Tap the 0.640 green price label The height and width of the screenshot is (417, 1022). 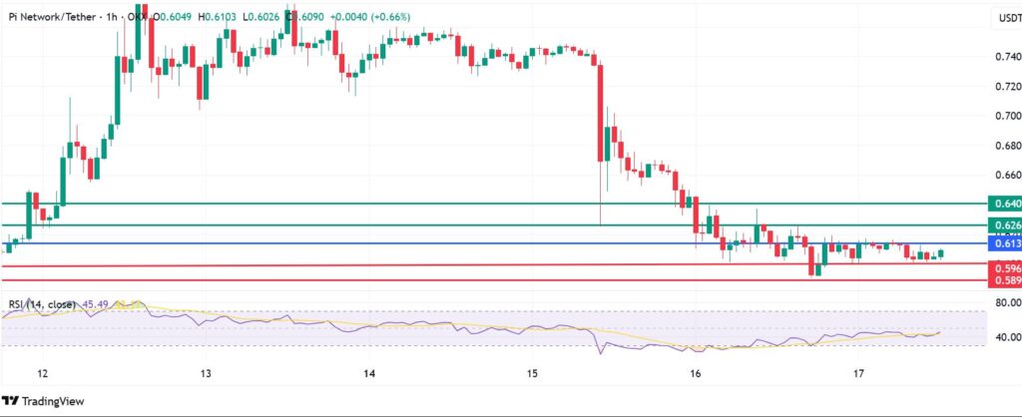click(1002, 204)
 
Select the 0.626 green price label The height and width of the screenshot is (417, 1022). click(1002, 225)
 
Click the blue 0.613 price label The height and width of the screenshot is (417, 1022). click(1002, 243)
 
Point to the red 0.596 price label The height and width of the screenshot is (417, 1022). click(1002, 268)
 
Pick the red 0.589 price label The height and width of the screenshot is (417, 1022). click(1002, 281)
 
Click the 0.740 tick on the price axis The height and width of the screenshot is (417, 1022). click(1000, 58)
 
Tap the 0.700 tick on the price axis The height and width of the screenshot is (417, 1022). click(1000, 117)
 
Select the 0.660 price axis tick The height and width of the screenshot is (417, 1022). click(1000, 175)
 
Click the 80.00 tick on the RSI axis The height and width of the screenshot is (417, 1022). click(1000, 302)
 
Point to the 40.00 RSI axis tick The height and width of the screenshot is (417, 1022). click(1000, 336)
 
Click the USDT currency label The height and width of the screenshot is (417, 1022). click(1000, 18)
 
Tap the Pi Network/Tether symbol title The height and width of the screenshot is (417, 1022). click(50, 17)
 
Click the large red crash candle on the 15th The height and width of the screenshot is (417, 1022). click(601, 110)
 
